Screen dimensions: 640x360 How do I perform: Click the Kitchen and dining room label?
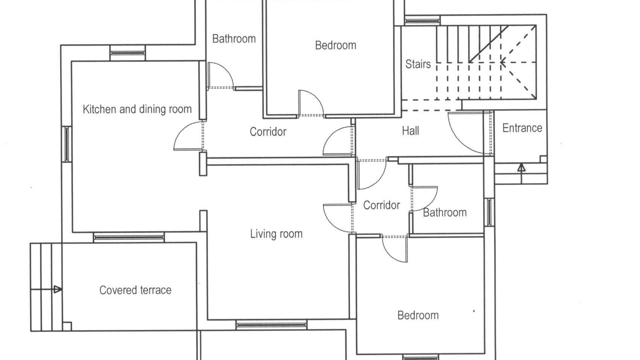coord(137,109)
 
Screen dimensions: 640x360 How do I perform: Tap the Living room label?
coord(276,234)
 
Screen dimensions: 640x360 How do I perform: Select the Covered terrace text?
coord(135,290)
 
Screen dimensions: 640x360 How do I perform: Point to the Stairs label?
coord(418,64)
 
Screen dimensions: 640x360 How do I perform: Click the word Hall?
coord(410,131)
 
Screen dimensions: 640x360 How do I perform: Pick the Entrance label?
coord(522,128)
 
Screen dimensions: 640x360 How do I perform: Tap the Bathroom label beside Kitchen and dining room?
coord(234,38)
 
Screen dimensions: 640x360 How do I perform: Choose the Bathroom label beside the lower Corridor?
coord(445,212)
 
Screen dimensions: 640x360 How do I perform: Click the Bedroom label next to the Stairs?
coord(335,45)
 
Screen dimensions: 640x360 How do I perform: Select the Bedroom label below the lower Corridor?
coord(418,315)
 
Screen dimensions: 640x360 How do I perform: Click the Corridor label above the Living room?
coord(268,131)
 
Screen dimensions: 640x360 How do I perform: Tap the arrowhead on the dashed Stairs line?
coord(503,62)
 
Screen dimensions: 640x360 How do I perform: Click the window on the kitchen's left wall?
coord(66,144)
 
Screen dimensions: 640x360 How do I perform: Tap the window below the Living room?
coord(271,325)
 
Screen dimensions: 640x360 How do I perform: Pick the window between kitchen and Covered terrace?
coord(129,237)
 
